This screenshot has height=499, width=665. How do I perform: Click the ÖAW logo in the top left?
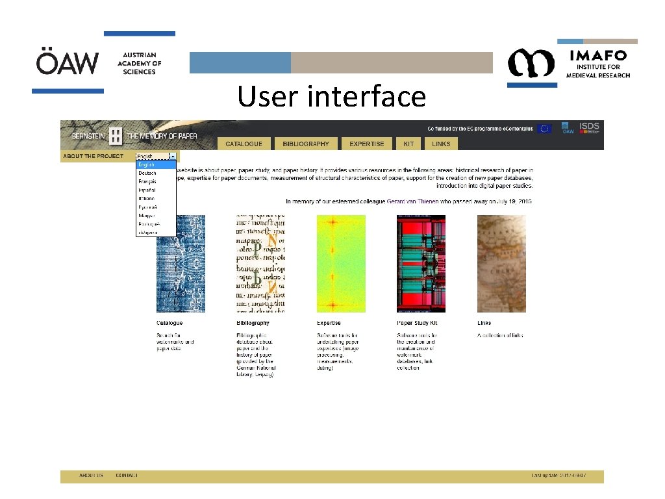tap(68, 63)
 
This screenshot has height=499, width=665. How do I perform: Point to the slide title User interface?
tap(331, 97)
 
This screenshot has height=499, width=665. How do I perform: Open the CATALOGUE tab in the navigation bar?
tap(244, 144)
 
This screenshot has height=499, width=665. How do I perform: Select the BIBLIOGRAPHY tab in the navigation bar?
tap(306, 144)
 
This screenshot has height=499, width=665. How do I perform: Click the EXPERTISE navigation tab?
tap(367, 144)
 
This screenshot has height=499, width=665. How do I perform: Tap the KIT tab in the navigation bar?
tap(408, 144)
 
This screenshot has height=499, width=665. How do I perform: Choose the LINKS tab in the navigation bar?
tap(442, 144)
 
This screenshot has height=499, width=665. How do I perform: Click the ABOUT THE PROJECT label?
tap(94, 156)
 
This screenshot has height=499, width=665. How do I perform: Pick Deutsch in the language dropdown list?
tap(147, 173)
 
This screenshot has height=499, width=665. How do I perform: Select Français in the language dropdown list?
tap(147, 182)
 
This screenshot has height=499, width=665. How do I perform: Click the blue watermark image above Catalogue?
tap(181, 264)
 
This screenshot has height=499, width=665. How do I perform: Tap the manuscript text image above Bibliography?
tap(260, 264)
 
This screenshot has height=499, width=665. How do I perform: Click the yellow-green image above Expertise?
tap(341, 264)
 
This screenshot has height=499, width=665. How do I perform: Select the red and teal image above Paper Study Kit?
tap(421, 264)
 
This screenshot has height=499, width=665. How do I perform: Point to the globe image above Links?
tap(501, 264)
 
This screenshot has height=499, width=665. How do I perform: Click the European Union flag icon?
tap(544, 129)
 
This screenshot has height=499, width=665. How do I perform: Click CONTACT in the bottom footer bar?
tap(127, 476)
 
